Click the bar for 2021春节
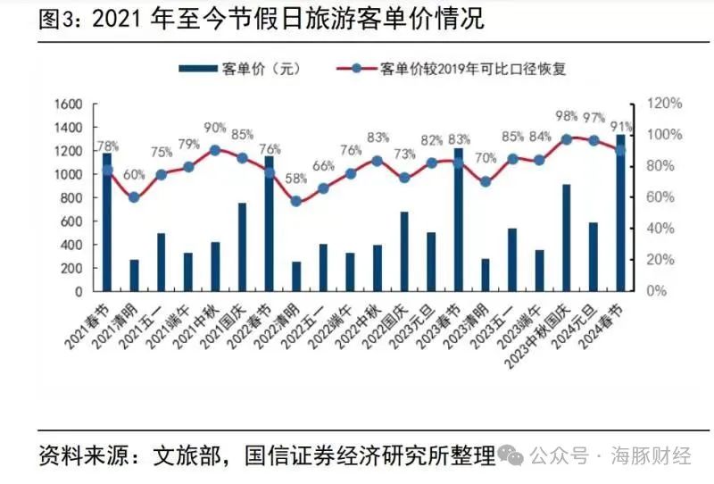(x=107, y=223)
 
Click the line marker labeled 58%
(x=296, y=201)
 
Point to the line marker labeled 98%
(x=567, y=139)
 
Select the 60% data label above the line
(x=134, y=175)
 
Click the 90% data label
(x=215, y=129)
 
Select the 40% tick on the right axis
(x=662, y=229)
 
